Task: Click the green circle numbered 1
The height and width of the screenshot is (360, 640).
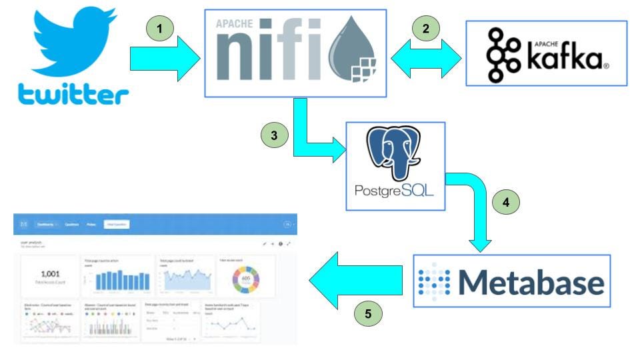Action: [160, 29]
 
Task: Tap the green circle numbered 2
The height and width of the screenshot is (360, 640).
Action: [425, 29]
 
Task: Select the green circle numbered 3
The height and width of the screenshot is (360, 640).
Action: [273, 135]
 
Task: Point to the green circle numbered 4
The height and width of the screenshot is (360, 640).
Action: [505, 202]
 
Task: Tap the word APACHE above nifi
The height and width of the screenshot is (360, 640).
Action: [235, 25]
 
